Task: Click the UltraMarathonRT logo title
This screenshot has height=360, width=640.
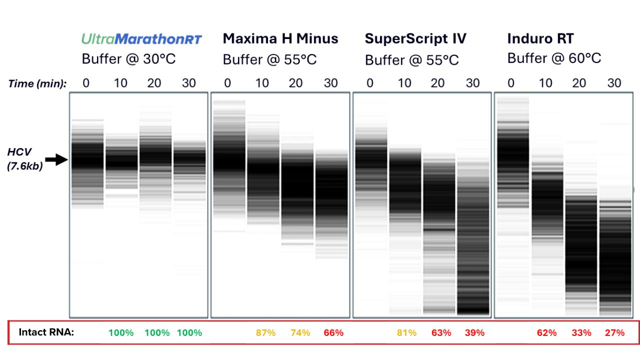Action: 142,39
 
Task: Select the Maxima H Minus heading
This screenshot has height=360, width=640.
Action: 280,38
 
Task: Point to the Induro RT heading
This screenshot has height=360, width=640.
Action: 540,38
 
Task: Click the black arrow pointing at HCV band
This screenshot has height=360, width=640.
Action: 56,160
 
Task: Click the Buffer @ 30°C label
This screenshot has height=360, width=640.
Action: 128,59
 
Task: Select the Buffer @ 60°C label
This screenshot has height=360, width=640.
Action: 554,58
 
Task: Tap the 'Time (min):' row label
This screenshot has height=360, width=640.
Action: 37,83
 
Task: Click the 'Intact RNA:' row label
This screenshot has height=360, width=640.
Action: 46,332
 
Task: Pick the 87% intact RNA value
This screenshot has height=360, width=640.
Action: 265,333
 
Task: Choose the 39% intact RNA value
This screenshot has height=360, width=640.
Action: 474,333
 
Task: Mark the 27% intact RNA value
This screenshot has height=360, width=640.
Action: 614,333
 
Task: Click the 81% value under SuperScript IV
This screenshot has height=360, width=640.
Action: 406,333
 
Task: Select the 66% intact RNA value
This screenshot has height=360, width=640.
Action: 333,333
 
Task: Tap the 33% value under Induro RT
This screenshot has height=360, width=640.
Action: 581,333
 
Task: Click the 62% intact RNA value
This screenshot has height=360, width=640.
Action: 546,333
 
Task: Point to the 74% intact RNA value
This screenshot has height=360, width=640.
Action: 300,333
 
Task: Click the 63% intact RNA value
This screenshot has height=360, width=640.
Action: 441,333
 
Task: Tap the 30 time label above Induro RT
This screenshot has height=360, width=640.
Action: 614,83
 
